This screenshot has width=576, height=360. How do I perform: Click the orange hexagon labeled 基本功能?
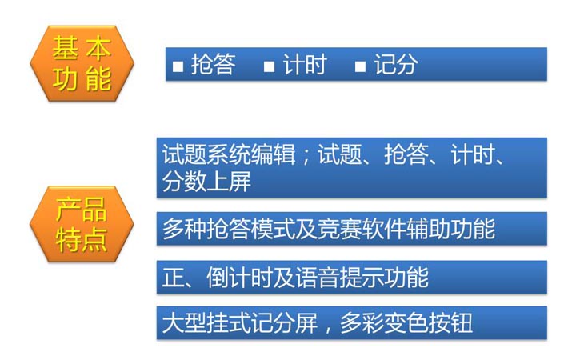pyautogui.click(x=82, y=63)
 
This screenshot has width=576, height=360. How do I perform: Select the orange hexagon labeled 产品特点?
pyautogui.click(x=82, y=224)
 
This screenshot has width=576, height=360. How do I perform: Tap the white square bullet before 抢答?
pyautogui.click(x=178, y=66)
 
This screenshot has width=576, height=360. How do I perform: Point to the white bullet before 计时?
pyautogui.click(x=270, y=66)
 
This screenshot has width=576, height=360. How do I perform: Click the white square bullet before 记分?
pyautogui.click(x=360, y=66)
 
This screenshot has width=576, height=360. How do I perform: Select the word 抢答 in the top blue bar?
pyautogui.click(x=214, y=65)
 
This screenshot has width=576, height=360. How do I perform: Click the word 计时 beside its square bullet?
pyautogui.click(x=305, y=65)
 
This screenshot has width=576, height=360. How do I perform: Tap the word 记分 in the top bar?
pyautogui.click(x=396, y=65)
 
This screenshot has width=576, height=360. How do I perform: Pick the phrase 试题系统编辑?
pyautogui.click(x=229, y=154)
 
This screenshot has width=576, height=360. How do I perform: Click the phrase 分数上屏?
pyautogui.click(x=207, y=182)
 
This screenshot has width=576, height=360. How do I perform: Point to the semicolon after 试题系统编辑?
pyautogui.click(x=306, y=156)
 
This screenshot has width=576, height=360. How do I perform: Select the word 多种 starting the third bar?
pyautogui.click(x=185, y=229)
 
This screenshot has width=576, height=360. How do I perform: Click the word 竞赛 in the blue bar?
pyautogui.click(x=340, y=229)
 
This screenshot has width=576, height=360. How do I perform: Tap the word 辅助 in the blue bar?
pyautogui.click(x=428, y=229)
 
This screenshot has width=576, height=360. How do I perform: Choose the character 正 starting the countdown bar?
pyautogui.click(x=174, y=278)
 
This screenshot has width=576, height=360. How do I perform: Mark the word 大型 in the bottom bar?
pyautogui.click(x=185, y=323)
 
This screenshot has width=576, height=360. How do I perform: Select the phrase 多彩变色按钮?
pyautogui.click(x=406, y=323)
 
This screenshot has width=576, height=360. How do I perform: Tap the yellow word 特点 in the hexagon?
pyautogui.click(x=82, y=239)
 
